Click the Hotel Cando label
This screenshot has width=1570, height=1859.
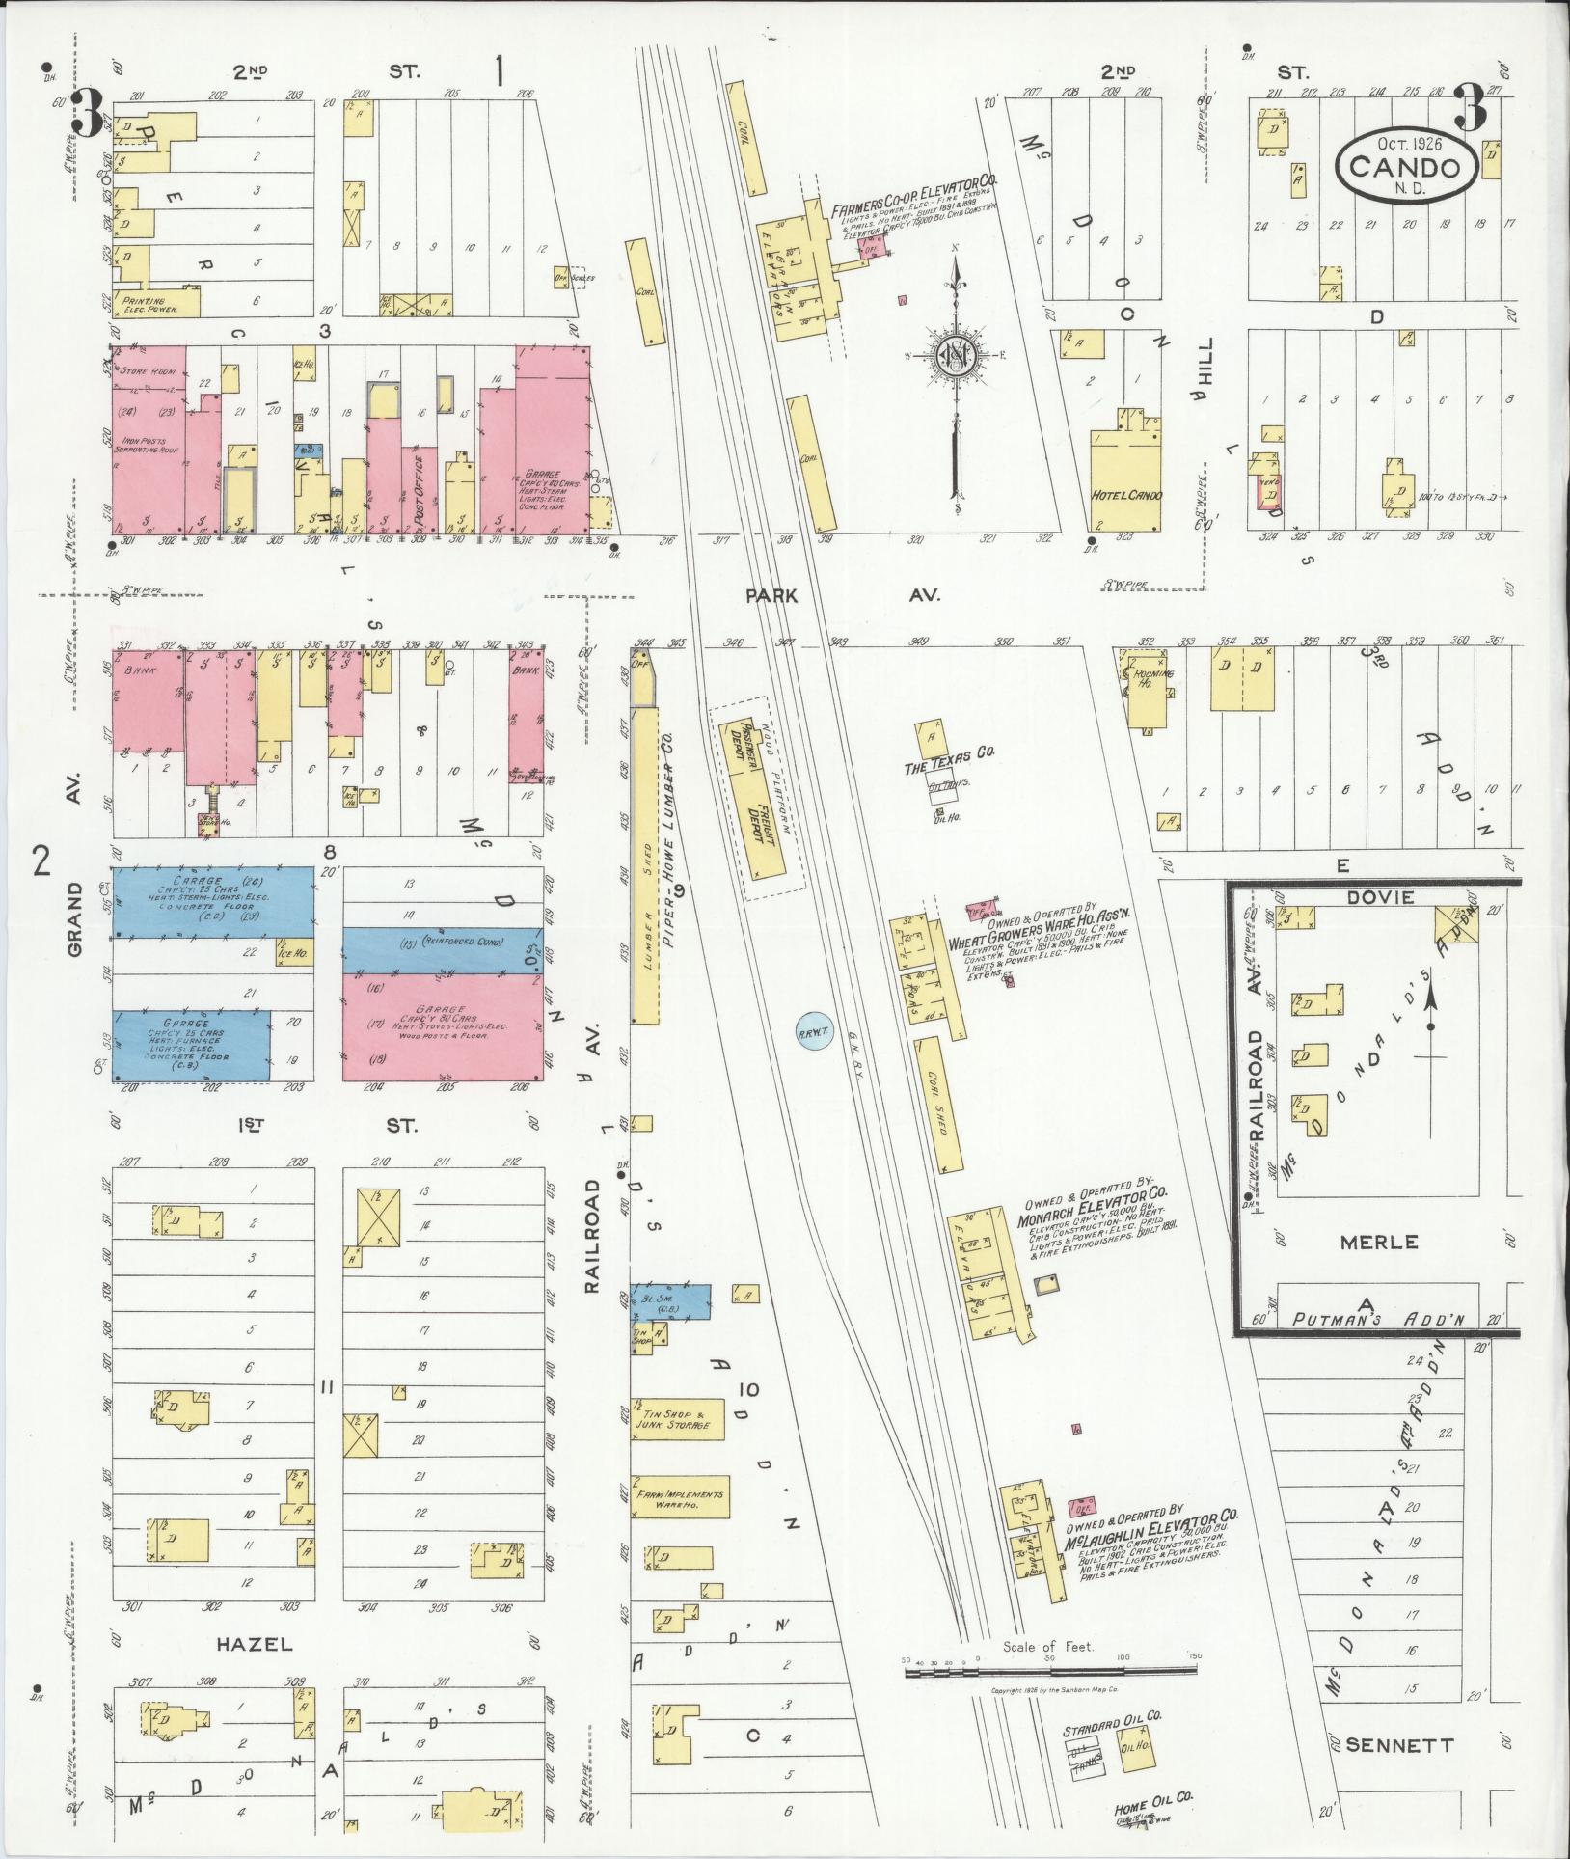tap(1125, 495)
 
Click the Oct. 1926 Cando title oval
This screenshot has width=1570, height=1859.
tap(1406, 166)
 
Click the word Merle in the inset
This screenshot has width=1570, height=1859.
tap(1379, 1242)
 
